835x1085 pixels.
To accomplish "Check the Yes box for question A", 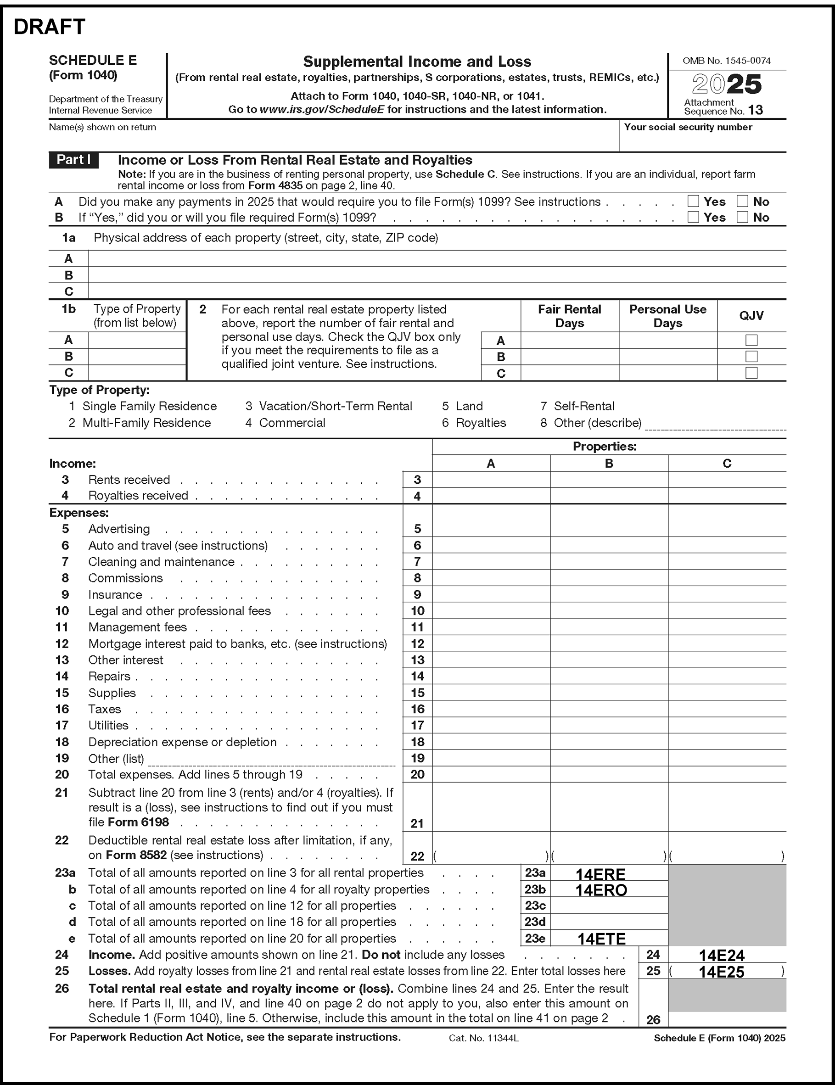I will click(693, 201).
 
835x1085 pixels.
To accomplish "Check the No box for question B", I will click(742, 217).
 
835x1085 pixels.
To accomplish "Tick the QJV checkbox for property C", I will click(751, 373).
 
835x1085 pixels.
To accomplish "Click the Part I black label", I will click(73, 160).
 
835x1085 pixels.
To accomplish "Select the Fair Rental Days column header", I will click(569, 316).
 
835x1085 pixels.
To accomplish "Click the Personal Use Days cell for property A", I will click(667, 340).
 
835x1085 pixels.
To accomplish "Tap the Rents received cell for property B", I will click(609, 480).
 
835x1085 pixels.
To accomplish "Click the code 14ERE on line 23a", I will click(600, 874).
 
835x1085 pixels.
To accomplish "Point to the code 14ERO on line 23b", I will click(601, 890).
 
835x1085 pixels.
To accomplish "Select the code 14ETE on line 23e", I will click(601, 939).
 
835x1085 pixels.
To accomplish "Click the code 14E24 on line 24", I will click(722, 955).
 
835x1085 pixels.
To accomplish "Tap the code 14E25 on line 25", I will click(722, 972).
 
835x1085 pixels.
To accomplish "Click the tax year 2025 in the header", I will click(727, 84).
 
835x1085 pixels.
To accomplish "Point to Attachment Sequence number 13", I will click(756, 110).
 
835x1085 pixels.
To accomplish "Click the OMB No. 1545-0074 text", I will click(727, 61).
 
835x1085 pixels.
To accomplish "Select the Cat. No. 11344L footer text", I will click(484, 1038).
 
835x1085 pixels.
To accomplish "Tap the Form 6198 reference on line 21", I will click(139, 822).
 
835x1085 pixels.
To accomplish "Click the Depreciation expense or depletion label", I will click(182, 742).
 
